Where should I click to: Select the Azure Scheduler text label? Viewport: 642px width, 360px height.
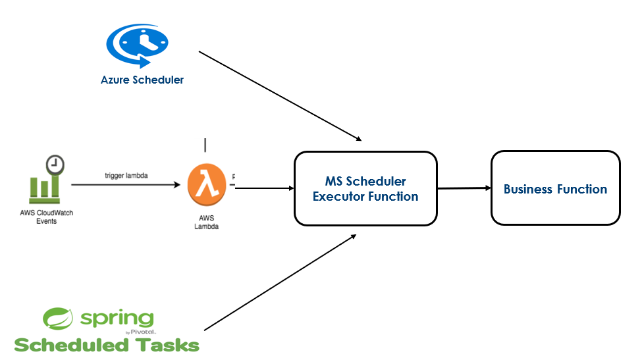coord(142,80)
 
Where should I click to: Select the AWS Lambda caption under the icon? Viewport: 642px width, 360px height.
coord(206,222)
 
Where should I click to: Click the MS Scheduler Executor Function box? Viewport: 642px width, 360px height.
coord(365,188)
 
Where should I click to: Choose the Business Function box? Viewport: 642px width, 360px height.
coord(555,188)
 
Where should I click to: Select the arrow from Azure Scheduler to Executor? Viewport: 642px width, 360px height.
coord(280,95)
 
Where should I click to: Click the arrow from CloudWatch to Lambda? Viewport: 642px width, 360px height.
coord(125,185)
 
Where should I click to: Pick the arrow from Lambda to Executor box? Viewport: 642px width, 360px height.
coord(264,188)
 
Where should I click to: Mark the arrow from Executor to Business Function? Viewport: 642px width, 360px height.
coord(464,188)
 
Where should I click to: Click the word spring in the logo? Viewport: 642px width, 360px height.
coord(117,319)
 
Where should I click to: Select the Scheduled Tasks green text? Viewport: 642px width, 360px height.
coord(107,345)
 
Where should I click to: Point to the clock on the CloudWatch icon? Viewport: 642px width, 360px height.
coord(55,164)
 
